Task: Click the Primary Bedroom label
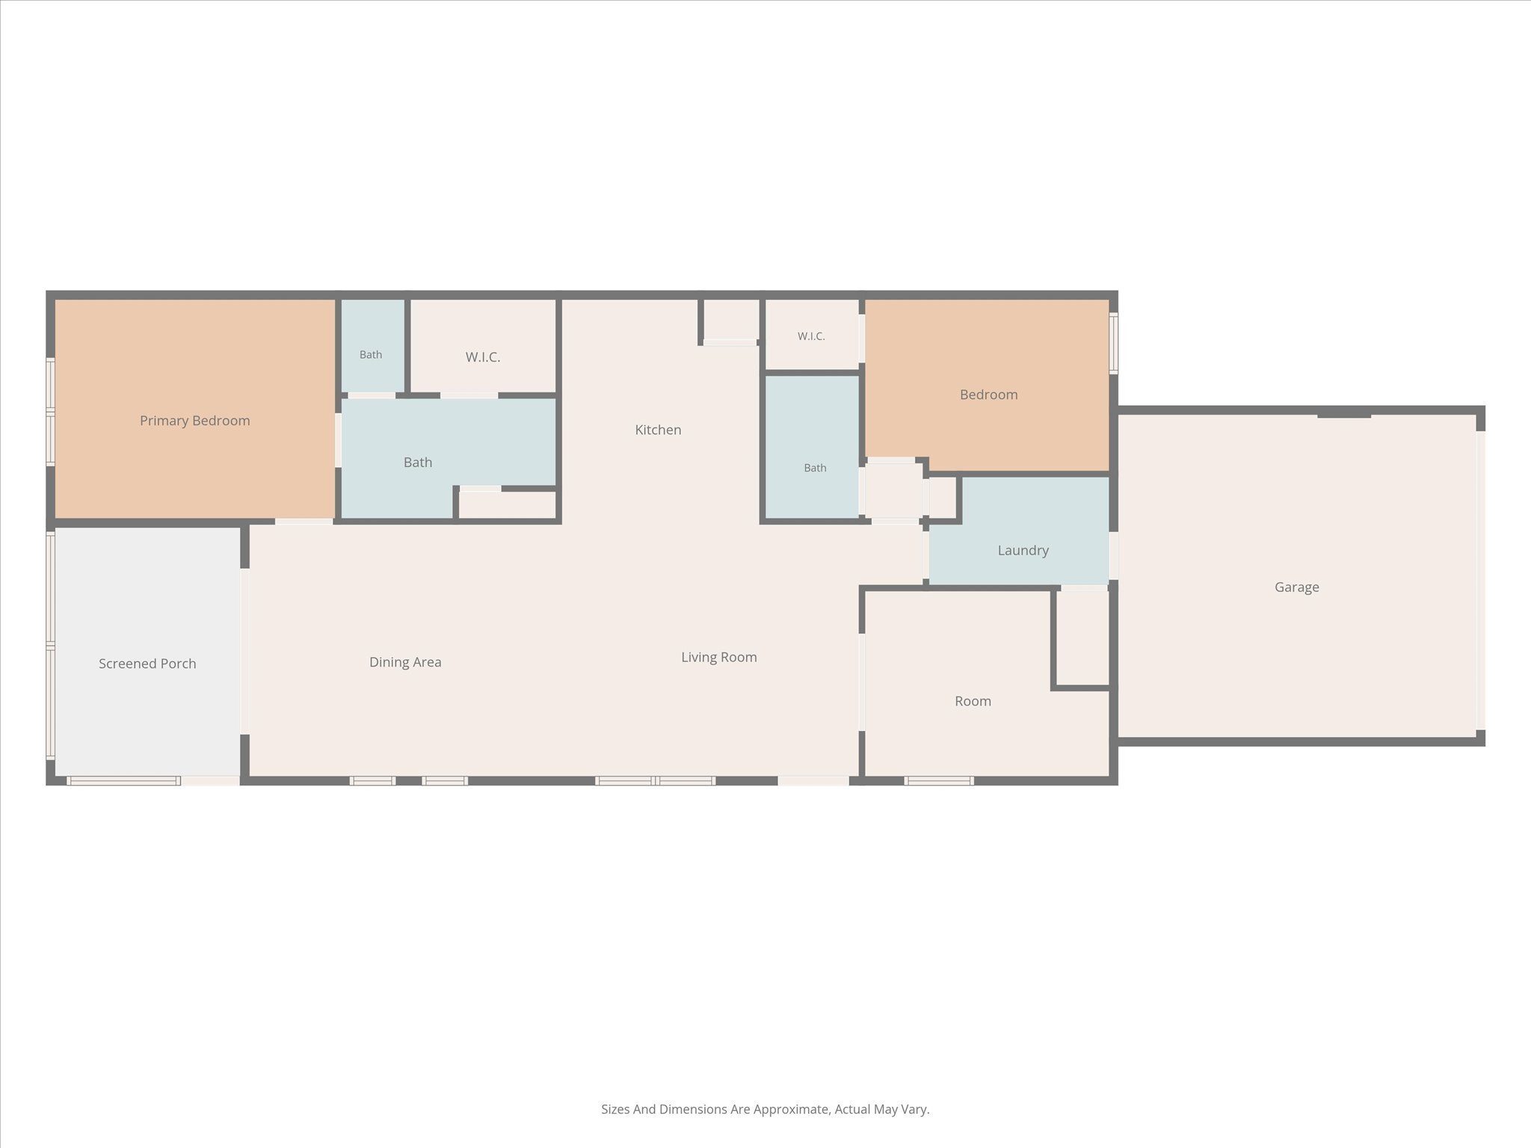195,421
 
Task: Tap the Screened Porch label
147,664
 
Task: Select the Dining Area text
405,662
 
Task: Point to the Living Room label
719,657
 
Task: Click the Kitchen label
658,430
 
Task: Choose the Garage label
1297,587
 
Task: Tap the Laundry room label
1023,551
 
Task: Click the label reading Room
973,701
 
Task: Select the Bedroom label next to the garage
989,395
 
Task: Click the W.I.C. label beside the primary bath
483,357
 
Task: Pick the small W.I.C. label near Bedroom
811,336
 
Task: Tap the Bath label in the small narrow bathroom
371,354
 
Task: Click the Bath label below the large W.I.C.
418,463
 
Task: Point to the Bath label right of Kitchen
815,468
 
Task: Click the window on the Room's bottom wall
939,780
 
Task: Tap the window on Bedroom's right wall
1113,343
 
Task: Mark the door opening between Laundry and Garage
1113,555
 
